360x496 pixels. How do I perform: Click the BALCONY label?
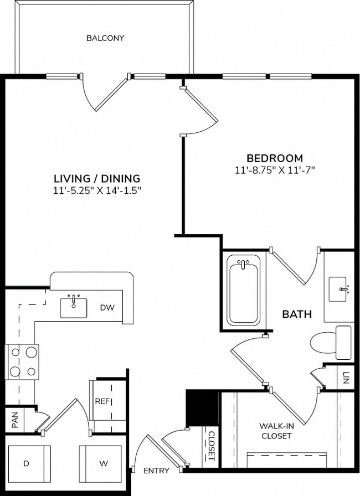click(105, 38)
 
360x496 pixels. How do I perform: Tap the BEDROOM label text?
click(275, 158)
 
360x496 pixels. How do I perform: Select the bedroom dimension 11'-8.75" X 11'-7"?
click(275, 170)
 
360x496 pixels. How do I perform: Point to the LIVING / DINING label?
click(97, 178)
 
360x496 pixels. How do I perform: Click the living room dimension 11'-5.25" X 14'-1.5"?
click(97, 190)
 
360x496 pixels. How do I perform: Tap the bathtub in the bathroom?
click(243, 290)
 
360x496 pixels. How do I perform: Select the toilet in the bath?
click(330, 342)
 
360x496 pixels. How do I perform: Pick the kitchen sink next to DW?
click(74, 307)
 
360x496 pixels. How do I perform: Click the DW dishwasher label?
click(107, 307)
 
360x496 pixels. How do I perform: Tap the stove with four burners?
click(22, 361)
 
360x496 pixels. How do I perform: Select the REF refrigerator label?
click(101, 401)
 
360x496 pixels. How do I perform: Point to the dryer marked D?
click(26, 463)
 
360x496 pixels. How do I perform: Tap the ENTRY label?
click(156, 471)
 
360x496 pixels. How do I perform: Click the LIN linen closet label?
click(346, 379)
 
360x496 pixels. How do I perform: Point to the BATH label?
click(297, 314)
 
